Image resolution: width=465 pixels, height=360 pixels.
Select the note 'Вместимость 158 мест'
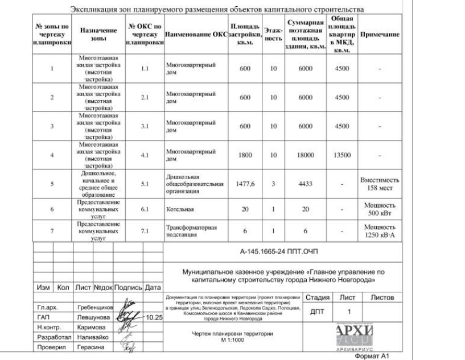(381, 184)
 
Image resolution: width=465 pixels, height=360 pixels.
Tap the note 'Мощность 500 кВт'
(381, 209)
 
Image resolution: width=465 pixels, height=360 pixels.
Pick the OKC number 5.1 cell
(144, 184)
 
